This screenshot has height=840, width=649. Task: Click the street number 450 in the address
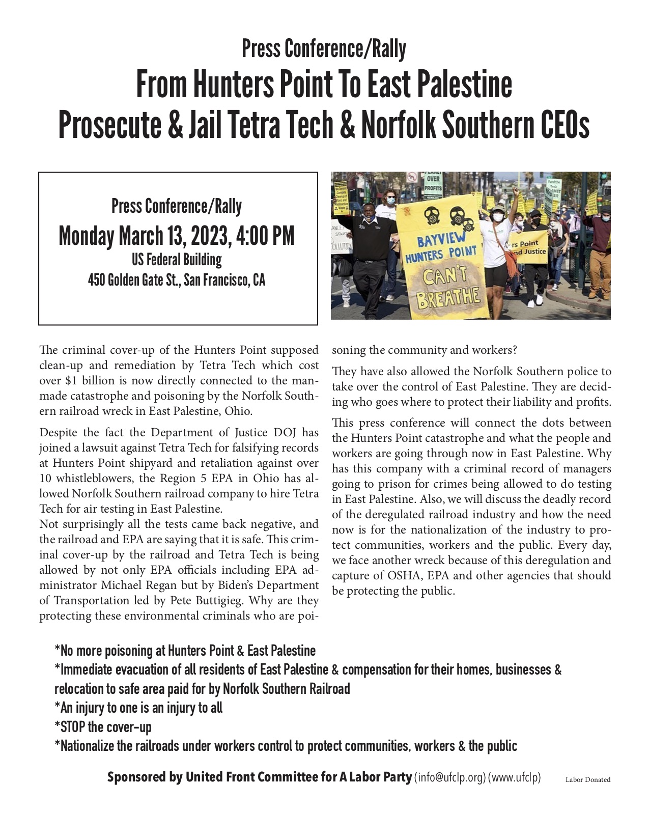tap(96, 280)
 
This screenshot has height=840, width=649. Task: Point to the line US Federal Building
tap(177, 260)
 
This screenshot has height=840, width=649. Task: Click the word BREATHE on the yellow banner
tap(448, 297)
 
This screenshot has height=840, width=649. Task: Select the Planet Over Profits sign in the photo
tap(434, 185)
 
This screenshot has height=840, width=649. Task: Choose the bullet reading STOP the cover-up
tap(103, 727)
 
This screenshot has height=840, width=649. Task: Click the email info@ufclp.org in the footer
tap(450, 778)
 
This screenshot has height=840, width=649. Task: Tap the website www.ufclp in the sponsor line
tap(515, 778)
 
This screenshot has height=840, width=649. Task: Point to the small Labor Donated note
tap(587, 779)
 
